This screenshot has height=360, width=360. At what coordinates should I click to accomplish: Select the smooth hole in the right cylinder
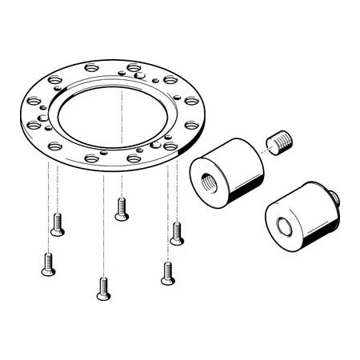pos(285,226)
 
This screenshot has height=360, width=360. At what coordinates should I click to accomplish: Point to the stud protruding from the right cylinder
pos(335,197)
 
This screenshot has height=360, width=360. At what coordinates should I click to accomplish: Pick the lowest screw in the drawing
pos(103,289)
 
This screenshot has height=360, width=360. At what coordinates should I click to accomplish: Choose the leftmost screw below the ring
pos(48,264)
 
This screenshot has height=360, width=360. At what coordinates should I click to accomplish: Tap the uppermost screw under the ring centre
pos(122,209)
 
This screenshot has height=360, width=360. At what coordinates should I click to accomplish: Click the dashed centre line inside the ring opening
pos(122,120)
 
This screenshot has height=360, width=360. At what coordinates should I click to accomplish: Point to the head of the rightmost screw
pos(177,240)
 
